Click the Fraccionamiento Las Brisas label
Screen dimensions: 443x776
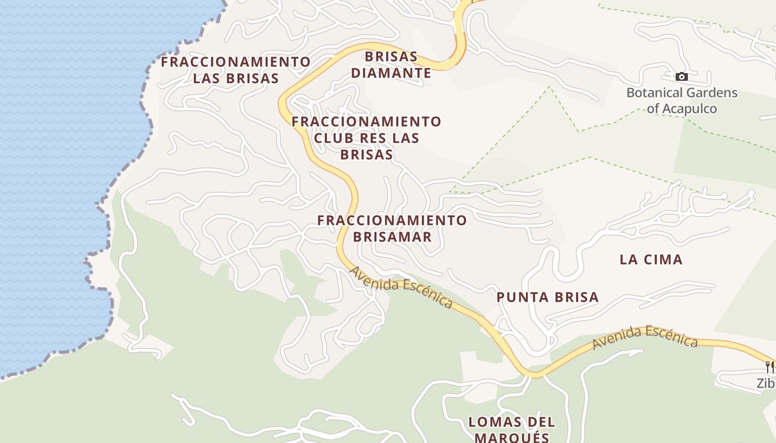236,70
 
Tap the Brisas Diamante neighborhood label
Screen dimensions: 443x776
391,65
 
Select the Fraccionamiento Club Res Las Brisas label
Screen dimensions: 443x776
366,138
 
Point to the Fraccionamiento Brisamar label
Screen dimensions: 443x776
392,228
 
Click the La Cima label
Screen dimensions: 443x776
651,259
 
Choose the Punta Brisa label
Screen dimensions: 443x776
548,297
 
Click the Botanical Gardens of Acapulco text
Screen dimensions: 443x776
682,100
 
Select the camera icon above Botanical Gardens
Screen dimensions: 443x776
682,76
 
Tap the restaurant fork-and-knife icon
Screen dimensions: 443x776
769,367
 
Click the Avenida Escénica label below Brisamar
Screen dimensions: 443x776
401,287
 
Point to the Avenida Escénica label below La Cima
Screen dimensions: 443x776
645,337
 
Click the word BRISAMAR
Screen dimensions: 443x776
392,237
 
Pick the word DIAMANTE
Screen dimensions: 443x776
391,73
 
